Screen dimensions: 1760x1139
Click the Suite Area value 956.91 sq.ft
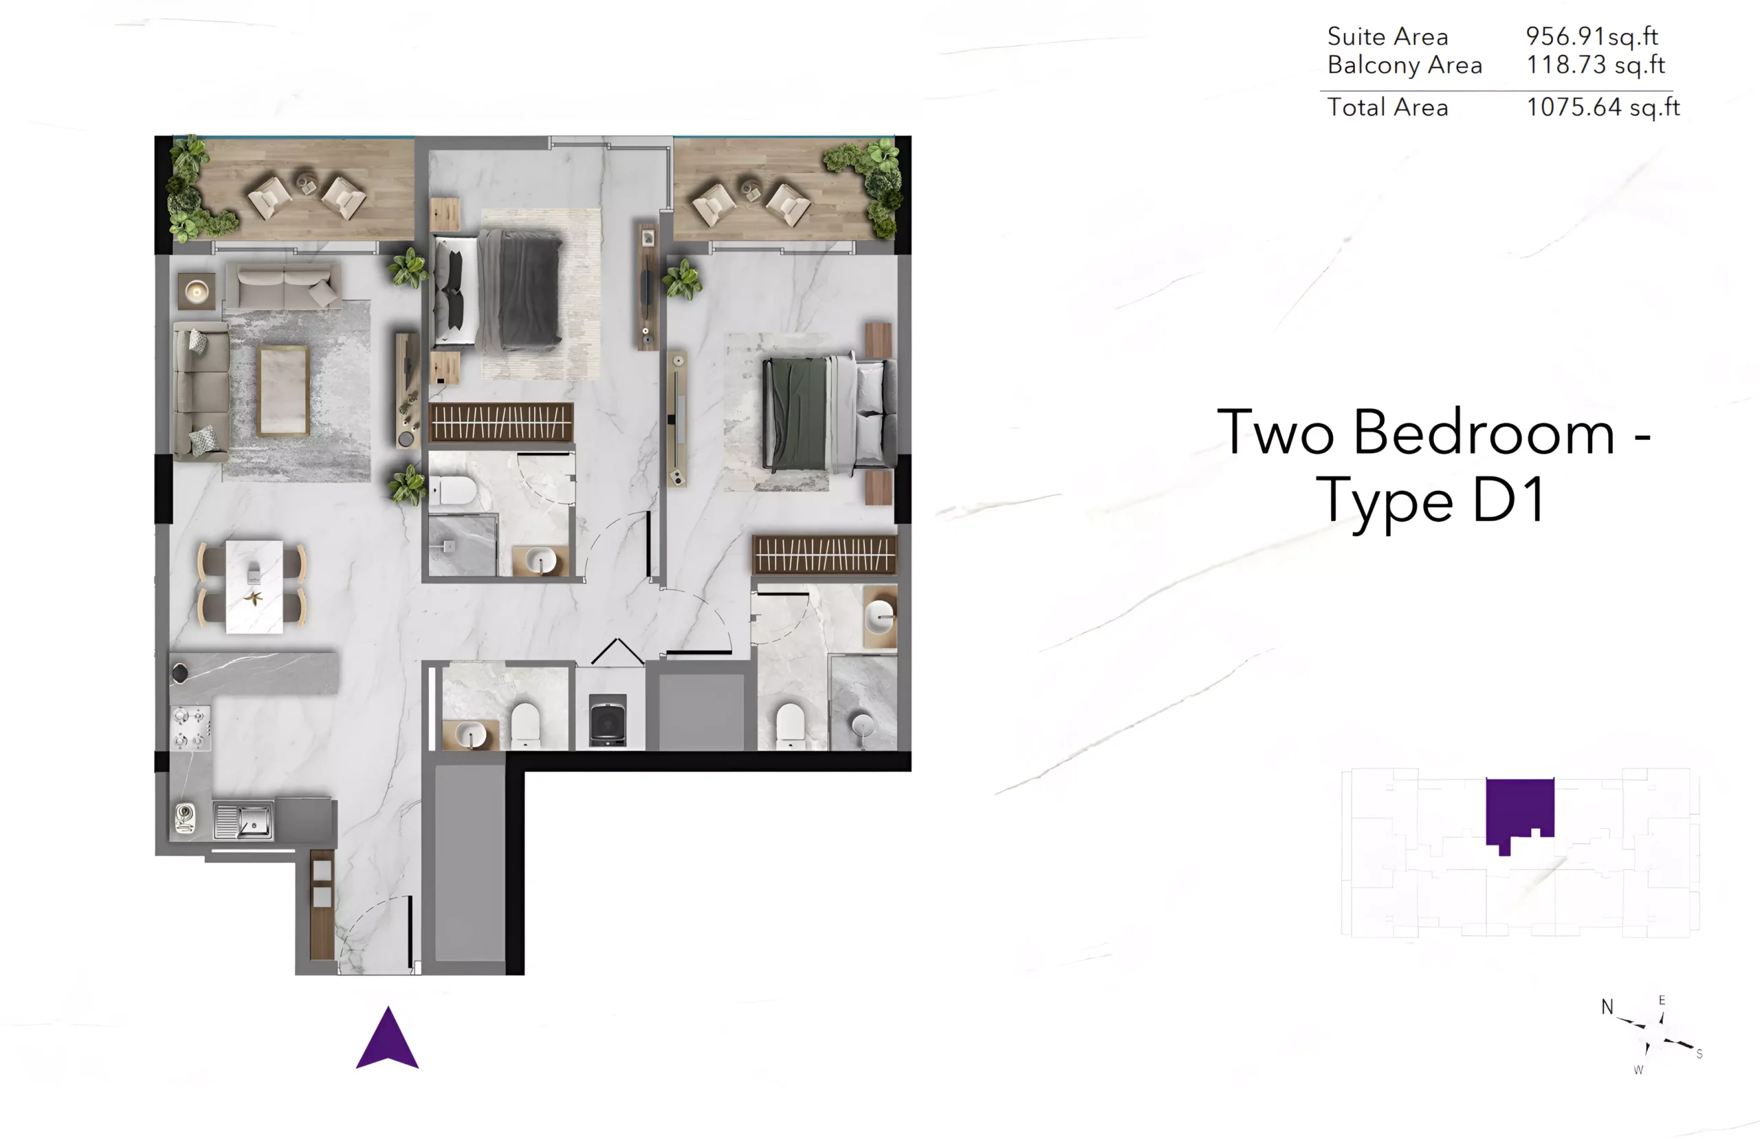pos(1592,36)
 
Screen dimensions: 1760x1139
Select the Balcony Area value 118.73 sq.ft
pos(1596,65)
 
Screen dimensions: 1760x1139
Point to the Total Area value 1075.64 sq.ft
pos(1603,107)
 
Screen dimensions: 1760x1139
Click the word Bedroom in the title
pos(1484,432)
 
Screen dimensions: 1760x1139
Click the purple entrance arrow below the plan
pos(388,1038)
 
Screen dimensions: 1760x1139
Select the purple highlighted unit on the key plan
pos(1519,814)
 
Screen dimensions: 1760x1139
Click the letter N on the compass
pos(1607,1006)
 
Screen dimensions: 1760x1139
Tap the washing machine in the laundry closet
pos(608,720)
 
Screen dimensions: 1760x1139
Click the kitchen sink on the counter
pos(243,821)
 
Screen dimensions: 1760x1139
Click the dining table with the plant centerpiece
pos(254,586)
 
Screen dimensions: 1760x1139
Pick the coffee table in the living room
pos(283,390)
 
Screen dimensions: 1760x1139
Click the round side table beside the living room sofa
pos(197,292)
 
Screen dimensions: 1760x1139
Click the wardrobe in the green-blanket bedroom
pos(824,555)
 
